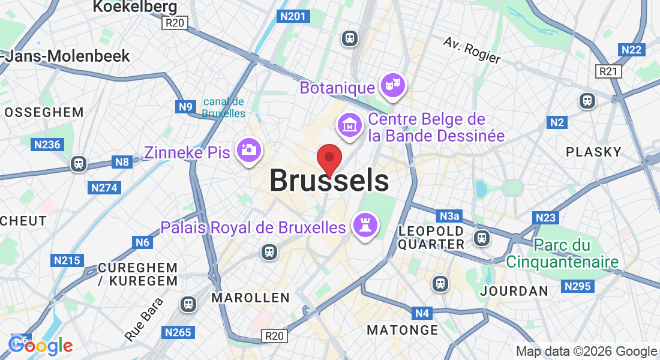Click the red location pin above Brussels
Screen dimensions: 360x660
point(329,158)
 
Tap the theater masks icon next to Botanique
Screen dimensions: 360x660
point(393,86)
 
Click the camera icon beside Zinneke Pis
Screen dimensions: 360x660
point(248,151)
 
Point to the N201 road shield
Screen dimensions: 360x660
point(294,16)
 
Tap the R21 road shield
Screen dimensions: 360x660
point(609,71)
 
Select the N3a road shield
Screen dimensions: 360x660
point(449,215)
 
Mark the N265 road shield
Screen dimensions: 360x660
point(178,332)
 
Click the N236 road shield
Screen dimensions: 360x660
point(47,144)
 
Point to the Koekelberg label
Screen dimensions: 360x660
point(135,7)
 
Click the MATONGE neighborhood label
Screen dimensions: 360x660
point(403,330)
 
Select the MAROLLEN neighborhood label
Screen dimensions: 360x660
point(251,298)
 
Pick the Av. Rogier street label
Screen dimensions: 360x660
point(472,50)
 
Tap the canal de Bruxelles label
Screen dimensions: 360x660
point(223,107)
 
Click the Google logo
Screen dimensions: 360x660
point(41,346)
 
